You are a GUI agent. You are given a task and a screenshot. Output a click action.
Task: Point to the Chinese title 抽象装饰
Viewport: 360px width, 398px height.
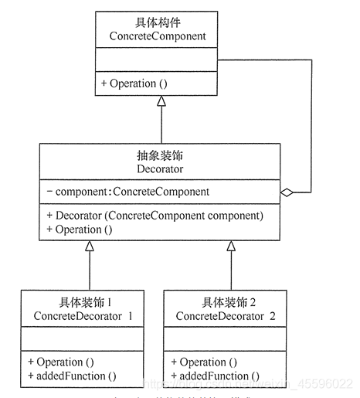click(158, 154)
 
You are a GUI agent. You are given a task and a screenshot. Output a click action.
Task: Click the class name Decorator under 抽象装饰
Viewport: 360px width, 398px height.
click(158, 168)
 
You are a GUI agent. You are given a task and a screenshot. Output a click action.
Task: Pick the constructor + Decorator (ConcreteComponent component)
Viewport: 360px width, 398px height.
click(155, 215)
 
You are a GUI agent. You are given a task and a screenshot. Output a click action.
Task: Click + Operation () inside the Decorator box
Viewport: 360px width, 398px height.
click(80, 230)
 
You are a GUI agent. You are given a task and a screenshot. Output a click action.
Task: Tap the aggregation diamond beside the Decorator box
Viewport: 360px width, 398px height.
click(286, 191)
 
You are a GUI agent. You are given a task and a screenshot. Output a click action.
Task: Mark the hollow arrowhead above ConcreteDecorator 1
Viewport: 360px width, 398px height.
click(90, 247)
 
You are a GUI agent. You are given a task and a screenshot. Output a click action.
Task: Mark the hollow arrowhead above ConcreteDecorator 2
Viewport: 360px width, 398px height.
click(230, 247)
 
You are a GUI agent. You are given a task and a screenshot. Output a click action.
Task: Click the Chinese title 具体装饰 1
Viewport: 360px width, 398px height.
click(88, 301)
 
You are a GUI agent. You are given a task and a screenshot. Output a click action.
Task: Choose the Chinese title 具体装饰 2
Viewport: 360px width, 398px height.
click(229, 301)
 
